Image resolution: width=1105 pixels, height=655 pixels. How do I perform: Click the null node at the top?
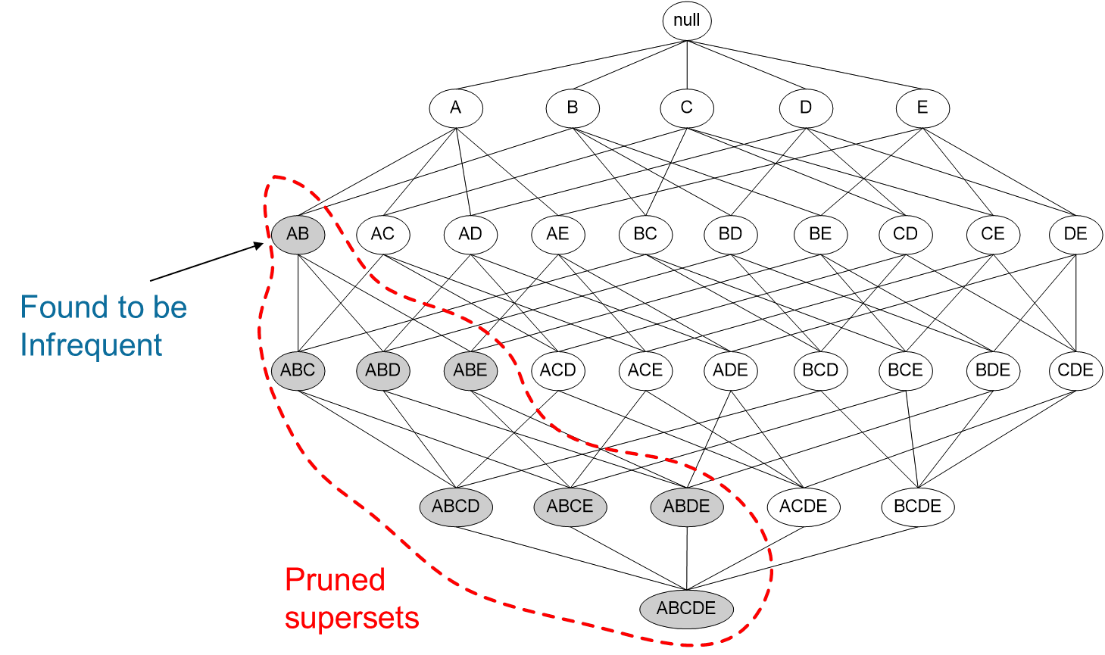pyautogui.click(x=686, y=20)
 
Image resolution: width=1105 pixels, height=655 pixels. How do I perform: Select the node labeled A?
pyautogui.click(x=455, y=108)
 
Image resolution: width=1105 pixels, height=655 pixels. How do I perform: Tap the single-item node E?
pyautogui.click(x=922, y=108)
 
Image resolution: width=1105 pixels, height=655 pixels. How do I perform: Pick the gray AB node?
pyautogui.click(x=298, y=234)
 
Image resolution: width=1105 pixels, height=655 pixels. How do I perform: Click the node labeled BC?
pyautogui.click(x=645, y=234)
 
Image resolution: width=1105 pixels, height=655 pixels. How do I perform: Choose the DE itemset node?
pyautogui.click(x=1075, y=234)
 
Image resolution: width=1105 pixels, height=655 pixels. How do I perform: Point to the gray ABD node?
pyautogui.click(x=382, y=370)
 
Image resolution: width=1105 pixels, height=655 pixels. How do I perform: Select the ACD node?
pyautogui.click(x=557, y=370)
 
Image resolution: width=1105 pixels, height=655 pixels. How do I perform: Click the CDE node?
pyautogui.click(x=1075, y=370)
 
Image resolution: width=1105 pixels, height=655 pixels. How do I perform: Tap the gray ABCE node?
pyautogui.click(x=570, y=507)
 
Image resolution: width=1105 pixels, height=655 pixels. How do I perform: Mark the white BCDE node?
pyautogui.click(x=917, y=507)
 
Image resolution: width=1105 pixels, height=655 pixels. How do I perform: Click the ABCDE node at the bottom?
pyautogui.click(x=686, y=609)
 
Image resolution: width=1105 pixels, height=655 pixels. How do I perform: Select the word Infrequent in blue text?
pyautogui.click(x=91, y=345)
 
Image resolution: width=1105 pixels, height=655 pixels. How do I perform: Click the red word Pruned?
pyautogui.click(x=335, y=580)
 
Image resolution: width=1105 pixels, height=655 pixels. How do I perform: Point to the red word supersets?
pyautogui.click(x=351, y=618)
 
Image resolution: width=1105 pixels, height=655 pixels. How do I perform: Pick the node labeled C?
pyautogui.click(x=686, y=108)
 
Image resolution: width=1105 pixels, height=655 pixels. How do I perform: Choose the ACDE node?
pyautogui.click(x=803, y=507)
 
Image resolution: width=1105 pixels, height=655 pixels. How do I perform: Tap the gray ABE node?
pyautogui.click(x=470, y=370)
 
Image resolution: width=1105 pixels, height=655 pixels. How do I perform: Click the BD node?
pyautogui.click(x=730, y=234)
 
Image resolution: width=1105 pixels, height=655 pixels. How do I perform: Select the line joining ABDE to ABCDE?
pyautogui.click(x=687, y=557)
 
